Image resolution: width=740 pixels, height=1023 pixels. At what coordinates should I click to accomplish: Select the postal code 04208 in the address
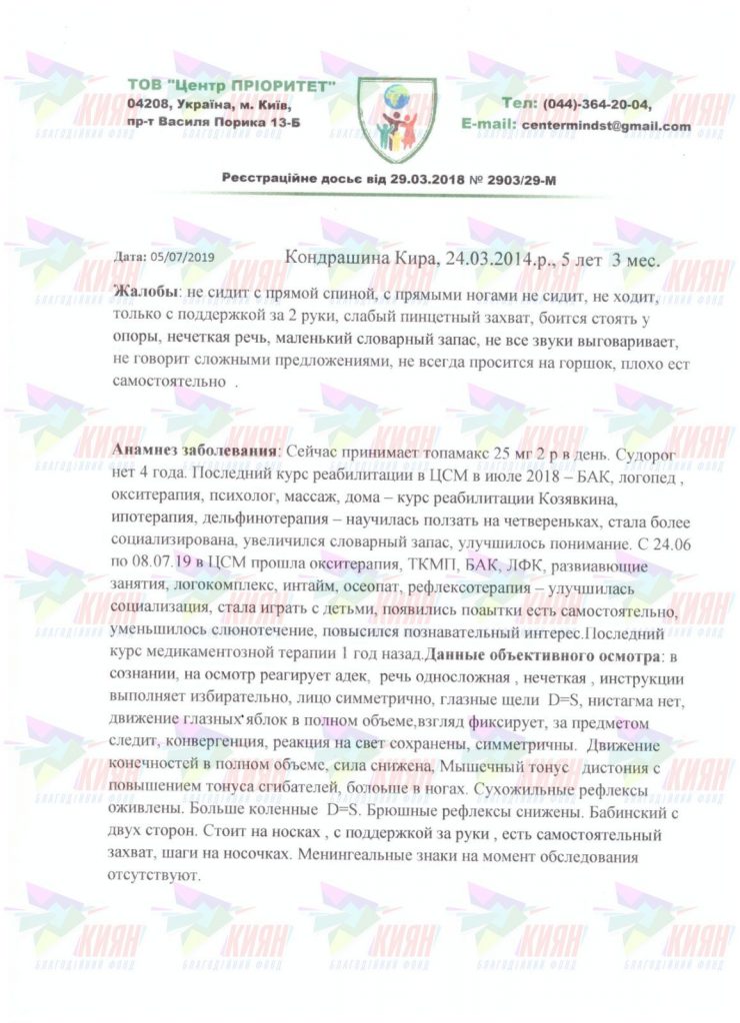pyautogui.click(x=149, y=104)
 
